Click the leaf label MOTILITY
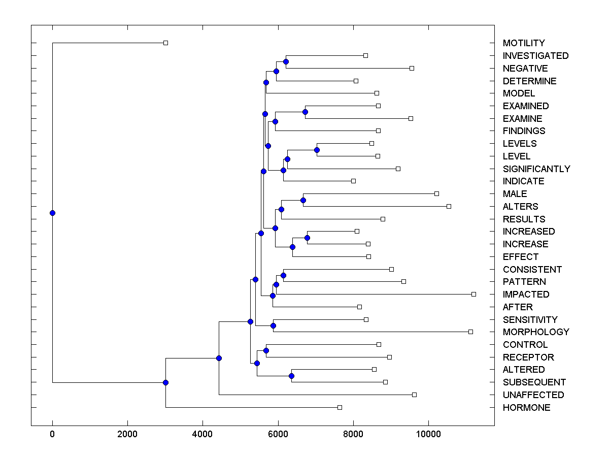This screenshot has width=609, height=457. (524, 43)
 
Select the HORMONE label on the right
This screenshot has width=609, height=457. (526, 408)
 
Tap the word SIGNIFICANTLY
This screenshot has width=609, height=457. (536, 169)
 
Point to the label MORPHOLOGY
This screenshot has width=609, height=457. (536, 332)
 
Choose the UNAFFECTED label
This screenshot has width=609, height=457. (533, 395)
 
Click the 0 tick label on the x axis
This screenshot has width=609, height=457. (52, 434)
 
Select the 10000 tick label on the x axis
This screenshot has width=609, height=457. (428, 434)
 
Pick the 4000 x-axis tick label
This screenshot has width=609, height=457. (202, 434)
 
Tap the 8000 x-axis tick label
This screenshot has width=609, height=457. (353, 434)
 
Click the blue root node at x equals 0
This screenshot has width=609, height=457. (52, 213)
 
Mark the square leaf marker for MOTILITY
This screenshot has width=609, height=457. (165, 43)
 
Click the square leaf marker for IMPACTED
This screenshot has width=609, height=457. (473, 294)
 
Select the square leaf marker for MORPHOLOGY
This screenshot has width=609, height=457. (470, 332)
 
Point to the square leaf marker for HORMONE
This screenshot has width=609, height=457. (340, 407)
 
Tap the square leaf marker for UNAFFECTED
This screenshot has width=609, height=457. (414, 395)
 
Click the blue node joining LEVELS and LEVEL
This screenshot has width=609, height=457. (317, 150)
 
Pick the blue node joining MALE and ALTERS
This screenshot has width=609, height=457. (303, 200)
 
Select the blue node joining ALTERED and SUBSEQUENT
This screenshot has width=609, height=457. (291, 376)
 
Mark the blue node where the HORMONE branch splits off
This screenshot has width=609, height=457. (165, 382)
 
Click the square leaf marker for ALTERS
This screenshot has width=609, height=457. (449, 206)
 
